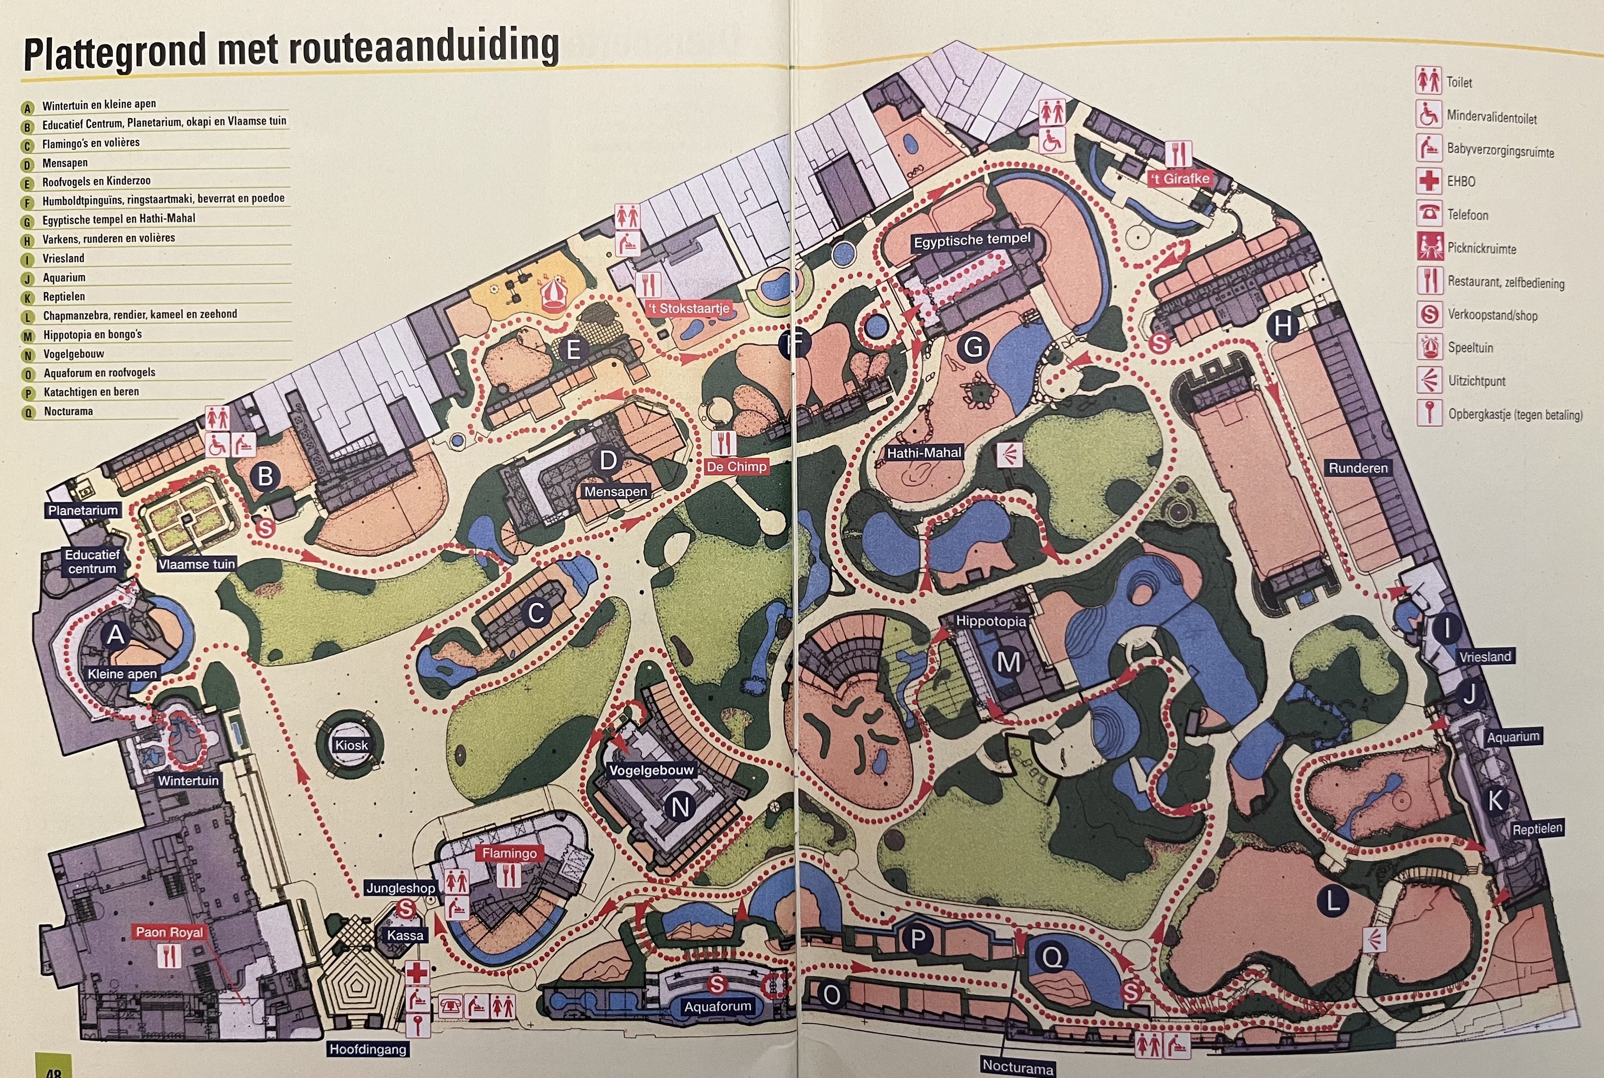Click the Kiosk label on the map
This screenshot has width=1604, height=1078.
point(351,745)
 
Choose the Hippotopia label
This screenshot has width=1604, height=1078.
point(991,621)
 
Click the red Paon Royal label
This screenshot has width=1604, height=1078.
point(169,932)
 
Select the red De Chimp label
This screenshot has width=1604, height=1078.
point(736,467)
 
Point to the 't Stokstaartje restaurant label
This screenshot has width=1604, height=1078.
point(689,309)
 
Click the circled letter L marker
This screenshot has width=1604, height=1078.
point(1332,901)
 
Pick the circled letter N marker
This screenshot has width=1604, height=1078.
point(680,807)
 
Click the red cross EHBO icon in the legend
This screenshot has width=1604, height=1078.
point(1428,181)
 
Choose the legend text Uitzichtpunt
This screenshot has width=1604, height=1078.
point(1476,380)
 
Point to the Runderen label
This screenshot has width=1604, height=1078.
point(1358,468)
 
